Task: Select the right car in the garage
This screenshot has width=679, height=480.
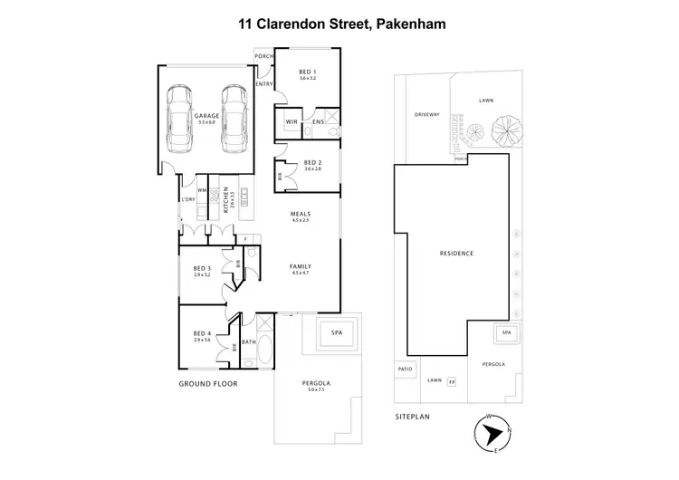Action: [x=234, y=118]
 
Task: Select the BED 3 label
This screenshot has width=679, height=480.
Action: [x=202, y=270]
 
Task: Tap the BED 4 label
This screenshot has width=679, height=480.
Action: [x=202, y=335]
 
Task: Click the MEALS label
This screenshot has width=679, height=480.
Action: [x=300, y=215]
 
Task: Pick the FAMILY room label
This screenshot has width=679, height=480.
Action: [x=300, y=268]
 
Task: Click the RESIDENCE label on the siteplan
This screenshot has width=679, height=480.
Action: [x=456, y=254]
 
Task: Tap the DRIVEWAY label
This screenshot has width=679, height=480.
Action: [x=426, y=115]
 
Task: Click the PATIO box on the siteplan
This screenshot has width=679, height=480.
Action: [x=404, y=370]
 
